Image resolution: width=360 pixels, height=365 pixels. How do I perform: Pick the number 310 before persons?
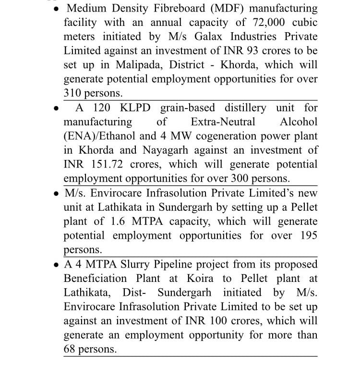coord(72,93)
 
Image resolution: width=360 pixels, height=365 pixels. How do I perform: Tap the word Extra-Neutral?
coord(223,122)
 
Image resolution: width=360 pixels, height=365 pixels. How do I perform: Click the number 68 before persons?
coord(70,349)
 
